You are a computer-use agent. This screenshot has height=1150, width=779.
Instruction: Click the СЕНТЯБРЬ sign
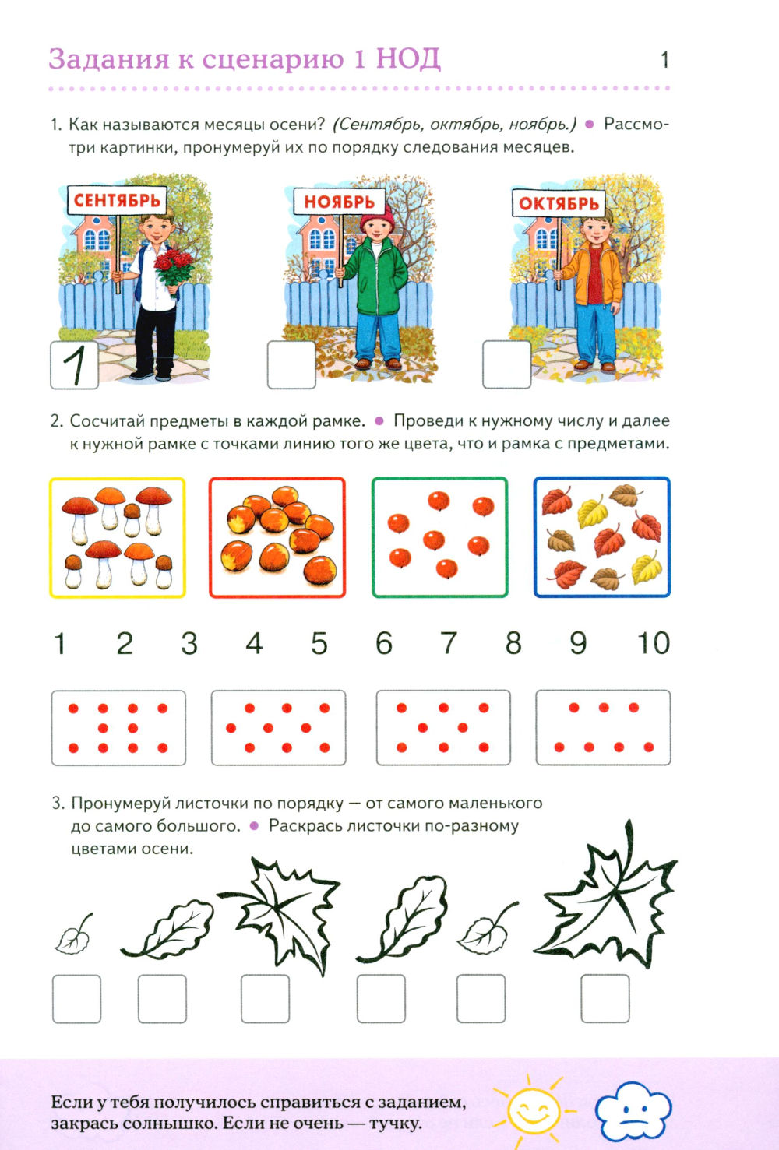point(117,200)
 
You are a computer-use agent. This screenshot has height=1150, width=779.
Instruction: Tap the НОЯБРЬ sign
point(339,201)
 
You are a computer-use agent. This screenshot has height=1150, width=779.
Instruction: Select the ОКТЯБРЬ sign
point(559,203)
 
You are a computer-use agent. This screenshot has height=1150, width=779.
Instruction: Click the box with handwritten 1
point(75,365)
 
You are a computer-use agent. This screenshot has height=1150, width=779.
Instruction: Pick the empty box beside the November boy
point(291,365)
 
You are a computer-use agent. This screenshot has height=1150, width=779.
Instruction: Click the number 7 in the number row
point(448,643)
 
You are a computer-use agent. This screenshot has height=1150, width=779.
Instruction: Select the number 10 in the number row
point(653,643)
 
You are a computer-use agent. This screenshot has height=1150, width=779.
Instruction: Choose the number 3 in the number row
point(189,643)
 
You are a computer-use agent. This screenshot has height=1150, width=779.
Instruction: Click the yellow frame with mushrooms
point(118,537)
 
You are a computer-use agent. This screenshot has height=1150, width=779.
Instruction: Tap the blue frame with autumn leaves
point(602,537)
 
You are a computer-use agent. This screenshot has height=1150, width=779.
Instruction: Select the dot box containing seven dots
point(604,727)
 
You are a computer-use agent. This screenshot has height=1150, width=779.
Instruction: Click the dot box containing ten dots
point(118,728)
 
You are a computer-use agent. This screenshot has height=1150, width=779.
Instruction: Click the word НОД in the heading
point(408,59)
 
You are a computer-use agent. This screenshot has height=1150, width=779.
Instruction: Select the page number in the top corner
point(664,60)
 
